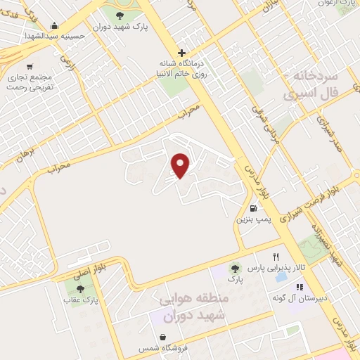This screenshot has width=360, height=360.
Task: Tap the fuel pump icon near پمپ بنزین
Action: [252, 207]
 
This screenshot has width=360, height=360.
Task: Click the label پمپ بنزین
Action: [250, 220]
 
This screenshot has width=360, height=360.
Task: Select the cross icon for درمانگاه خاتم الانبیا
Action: [181, 53]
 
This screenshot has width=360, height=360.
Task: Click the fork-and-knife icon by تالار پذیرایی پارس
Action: [276, 257]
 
